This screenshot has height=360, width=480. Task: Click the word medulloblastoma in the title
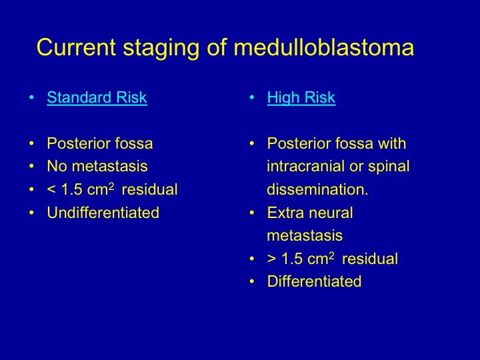324,47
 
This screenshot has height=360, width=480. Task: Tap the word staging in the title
161,49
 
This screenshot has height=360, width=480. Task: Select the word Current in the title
76,47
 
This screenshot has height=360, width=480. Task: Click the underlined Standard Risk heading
97,97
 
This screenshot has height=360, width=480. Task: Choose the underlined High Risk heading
301,98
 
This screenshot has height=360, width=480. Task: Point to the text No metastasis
97,166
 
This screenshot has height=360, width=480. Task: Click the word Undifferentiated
103,213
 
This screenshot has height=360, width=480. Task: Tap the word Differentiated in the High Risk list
314,281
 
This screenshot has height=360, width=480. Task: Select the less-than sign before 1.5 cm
51,190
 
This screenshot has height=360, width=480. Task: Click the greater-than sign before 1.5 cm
271,259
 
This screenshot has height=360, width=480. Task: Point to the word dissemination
317,189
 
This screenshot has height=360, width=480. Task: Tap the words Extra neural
310,213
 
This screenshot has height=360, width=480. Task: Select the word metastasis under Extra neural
305,236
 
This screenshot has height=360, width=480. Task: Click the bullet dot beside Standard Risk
31,97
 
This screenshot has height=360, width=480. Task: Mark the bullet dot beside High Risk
251,97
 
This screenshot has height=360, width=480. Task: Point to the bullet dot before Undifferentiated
31,213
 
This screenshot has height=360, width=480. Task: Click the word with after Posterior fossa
392,143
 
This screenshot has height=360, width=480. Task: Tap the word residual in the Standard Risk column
150,189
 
